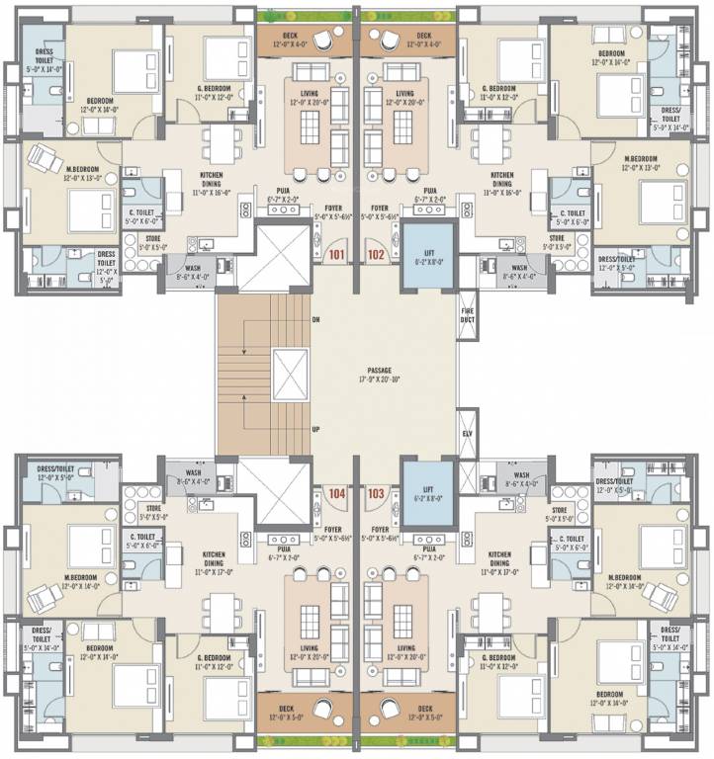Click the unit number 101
pos(338,253)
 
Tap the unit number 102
pos(377,253)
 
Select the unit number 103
pos(377,491)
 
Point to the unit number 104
pos(338,491)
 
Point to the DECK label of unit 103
pos(424,708)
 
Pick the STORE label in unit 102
pos(558,237)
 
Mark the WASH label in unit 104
pos(193,473)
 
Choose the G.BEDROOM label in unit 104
pos(214,657)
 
